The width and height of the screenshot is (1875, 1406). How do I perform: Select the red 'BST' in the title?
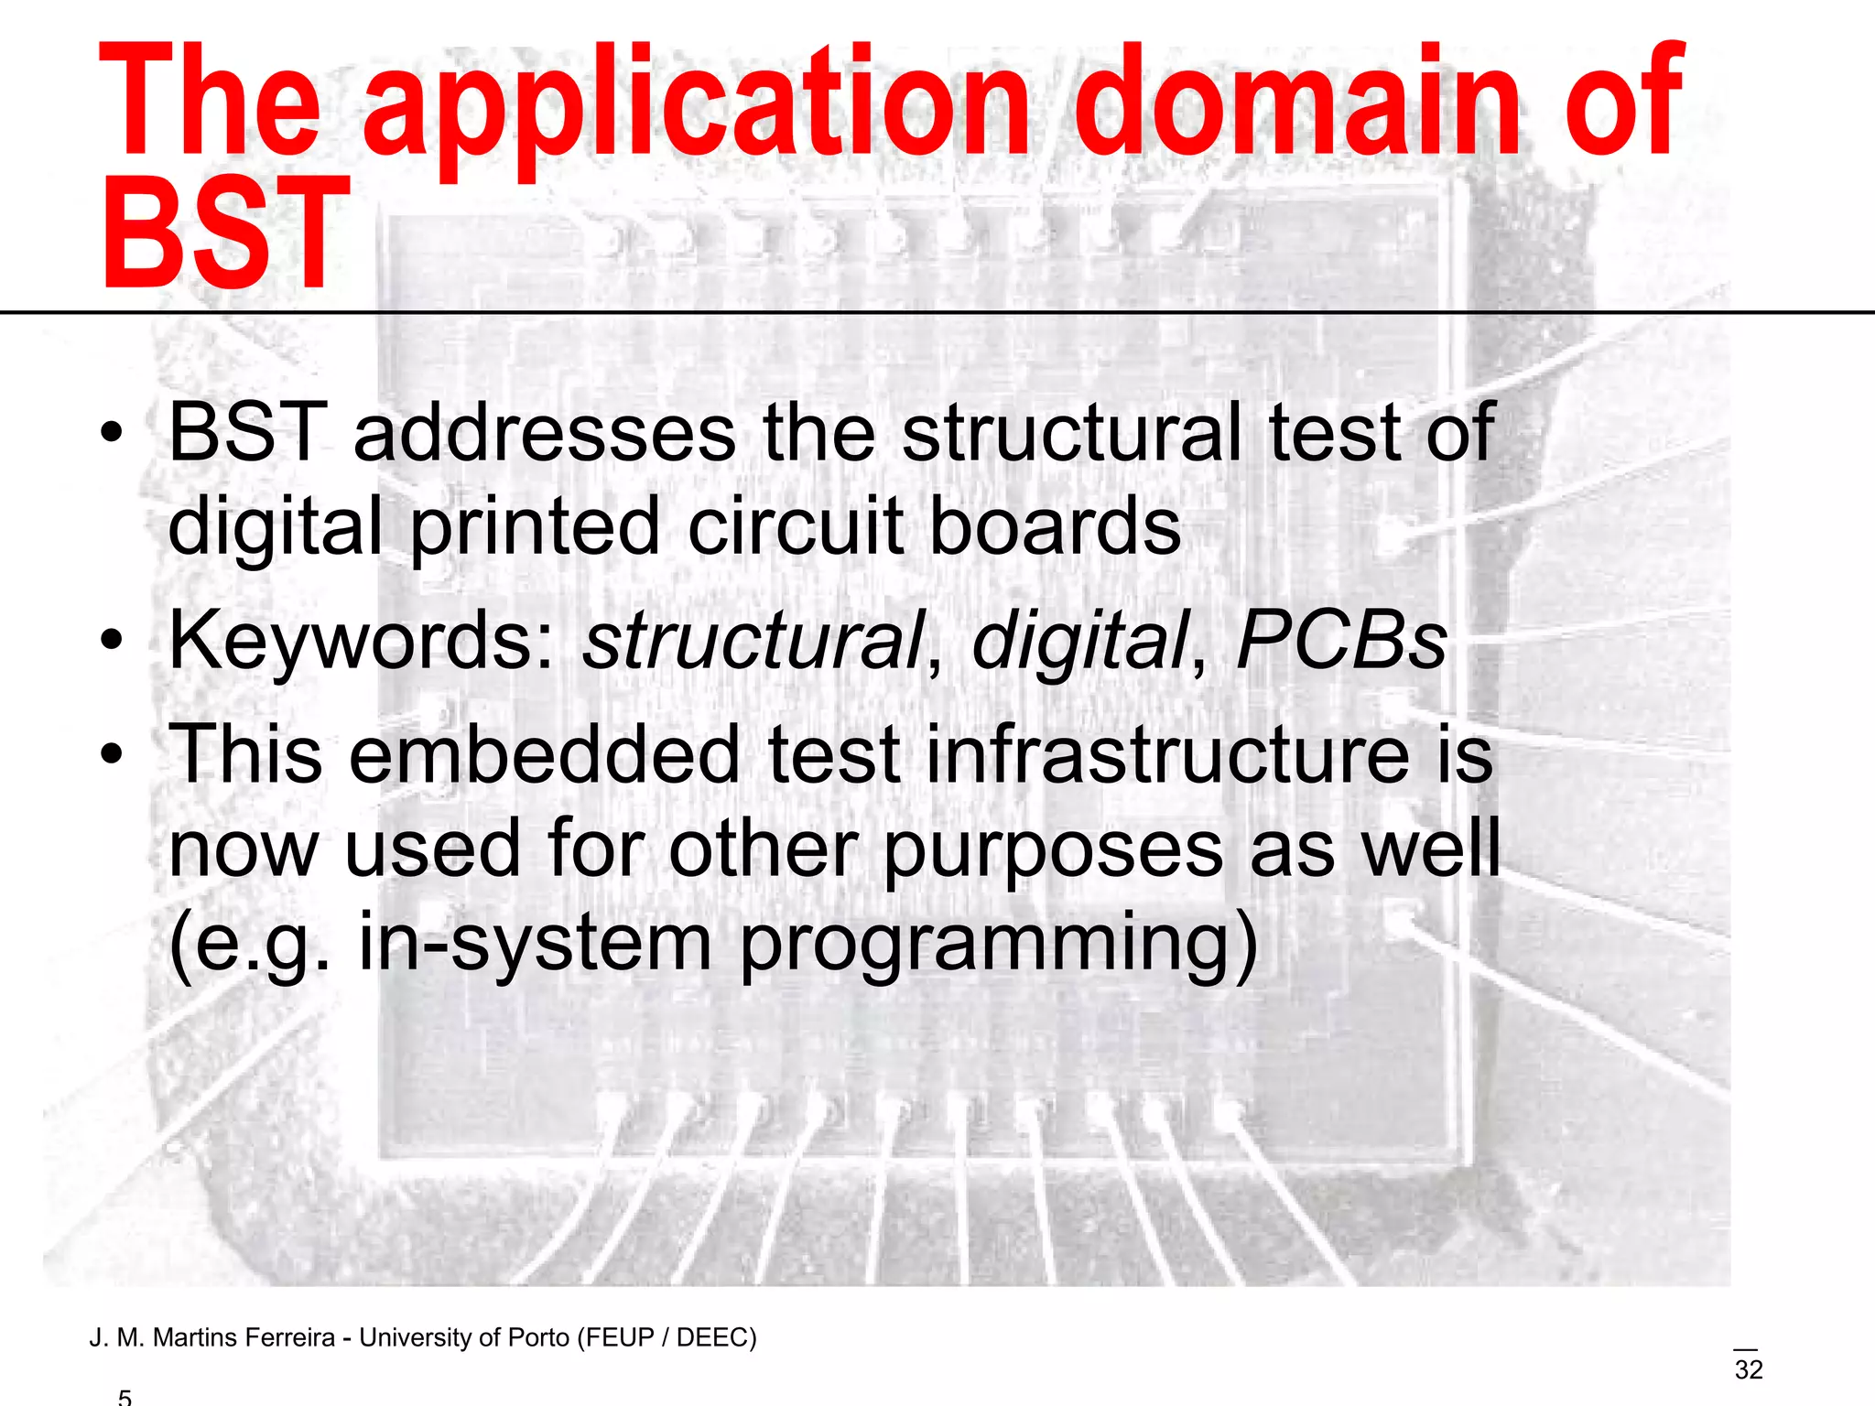(x=224, y=233)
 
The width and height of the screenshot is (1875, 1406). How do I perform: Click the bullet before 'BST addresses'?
(x=112, y=434)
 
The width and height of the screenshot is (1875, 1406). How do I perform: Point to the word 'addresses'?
(x=544, y=434)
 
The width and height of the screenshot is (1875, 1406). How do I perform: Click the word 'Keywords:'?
(x=363, y=641)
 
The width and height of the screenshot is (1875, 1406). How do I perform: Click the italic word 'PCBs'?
(x=1340, y=641)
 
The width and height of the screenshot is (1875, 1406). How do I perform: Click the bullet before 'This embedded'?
(x=112, y=756)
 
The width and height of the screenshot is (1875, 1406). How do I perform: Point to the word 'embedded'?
(x=544, y=756)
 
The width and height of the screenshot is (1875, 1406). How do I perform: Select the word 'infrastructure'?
(x=1167, y=756)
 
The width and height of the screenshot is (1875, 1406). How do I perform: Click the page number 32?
(x=1749, y=1370)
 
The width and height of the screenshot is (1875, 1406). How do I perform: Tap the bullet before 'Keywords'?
(x=112, y=641)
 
